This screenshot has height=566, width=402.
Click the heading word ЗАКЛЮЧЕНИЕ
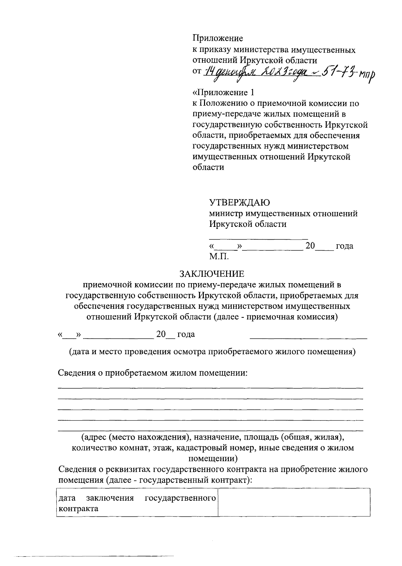[x=212, y=274]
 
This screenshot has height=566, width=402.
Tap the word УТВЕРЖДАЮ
[x=240, y=203]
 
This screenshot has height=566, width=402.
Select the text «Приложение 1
[x=223, y=92]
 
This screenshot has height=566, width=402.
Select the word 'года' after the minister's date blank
[x=344, y=246]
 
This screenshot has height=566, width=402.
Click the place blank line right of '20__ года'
[x=309, y=338]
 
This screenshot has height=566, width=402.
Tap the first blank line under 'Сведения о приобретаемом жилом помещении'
[x=210, y=388]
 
